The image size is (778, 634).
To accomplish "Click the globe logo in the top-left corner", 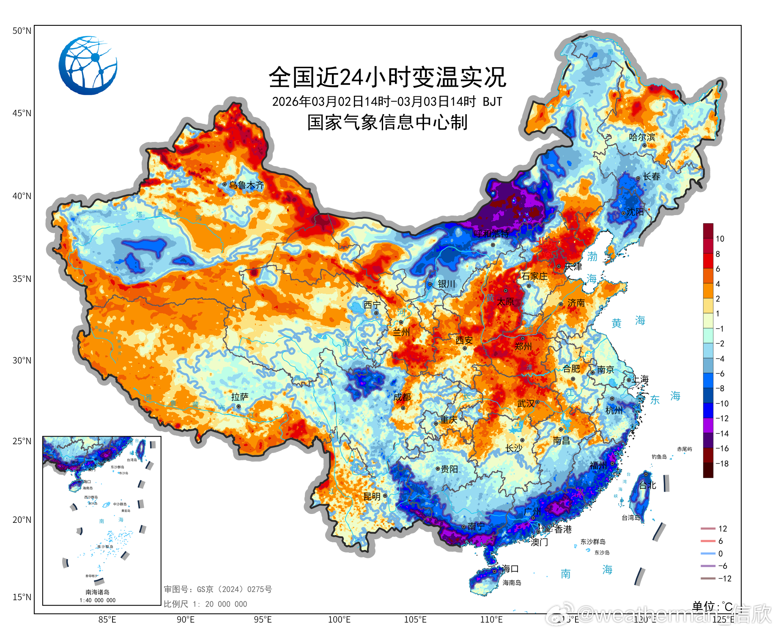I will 88,66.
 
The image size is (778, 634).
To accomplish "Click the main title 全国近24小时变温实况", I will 387,77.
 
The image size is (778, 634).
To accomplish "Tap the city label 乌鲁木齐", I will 247,185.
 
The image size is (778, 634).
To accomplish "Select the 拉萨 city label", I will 240,397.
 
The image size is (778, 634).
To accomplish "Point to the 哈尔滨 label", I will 642,137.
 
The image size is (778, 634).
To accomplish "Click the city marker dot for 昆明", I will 385,496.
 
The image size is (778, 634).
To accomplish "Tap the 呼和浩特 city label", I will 491,234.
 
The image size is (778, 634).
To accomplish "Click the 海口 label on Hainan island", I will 510,569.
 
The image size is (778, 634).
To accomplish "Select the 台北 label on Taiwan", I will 647,485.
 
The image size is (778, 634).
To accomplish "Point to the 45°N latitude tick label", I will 22,113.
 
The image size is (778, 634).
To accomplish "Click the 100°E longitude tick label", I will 339,620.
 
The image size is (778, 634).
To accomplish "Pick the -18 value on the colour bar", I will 722,464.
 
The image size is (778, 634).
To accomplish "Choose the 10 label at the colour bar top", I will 720,239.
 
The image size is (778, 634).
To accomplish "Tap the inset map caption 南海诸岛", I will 97,592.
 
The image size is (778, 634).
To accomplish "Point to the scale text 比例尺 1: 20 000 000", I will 205,604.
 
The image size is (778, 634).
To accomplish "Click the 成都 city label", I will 402,397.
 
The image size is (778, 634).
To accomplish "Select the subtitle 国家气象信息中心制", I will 387,123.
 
